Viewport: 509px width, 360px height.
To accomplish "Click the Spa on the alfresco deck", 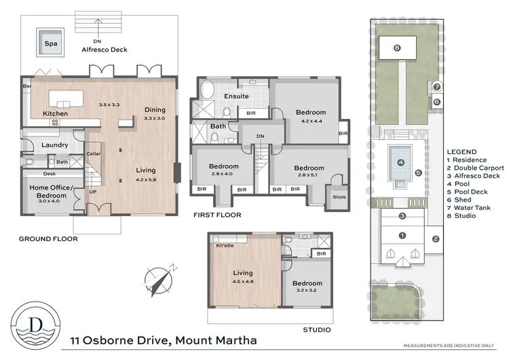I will click(50, 42).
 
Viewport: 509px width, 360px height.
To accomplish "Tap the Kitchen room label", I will click(54, 113).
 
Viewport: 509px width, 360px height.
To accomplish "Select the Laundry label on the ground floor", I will click(53, 145).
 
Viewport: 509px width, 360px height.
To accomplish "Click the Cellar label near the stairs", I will click(94, 154).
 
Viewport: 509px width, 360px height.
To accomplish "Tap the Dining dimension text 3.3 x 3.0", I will click(155, 118).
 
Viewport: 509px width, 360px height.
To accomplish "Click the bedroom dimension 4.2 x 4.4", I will click(310, 122).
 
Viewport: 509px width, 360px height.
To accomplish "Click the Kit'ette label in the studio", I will click(225, 245).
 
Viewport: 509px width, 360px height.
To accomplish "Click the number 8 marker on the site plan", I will click(397, 48).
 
